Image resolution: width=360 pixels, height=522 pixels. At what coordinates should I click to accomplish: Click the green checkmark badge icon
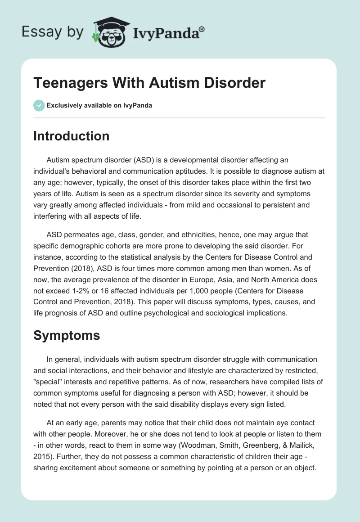pos(39,105)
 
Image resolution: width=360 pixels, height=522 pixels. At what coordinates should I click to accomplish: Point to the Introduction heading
pos(71,136)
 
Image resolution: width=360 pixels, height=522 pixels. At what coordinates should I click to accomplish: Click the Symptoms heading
pos(67,335)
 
